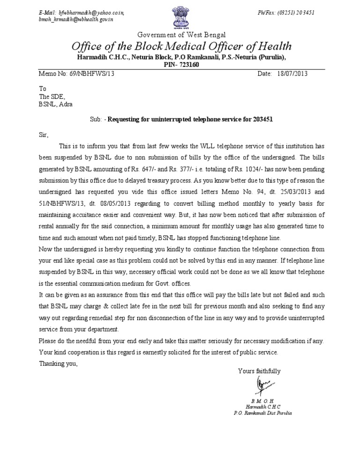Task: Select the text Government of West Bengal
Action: (181, 35)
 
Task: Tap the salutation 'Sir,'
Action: (43, 134)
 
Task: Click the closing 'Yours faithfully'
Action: (259, 371)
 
